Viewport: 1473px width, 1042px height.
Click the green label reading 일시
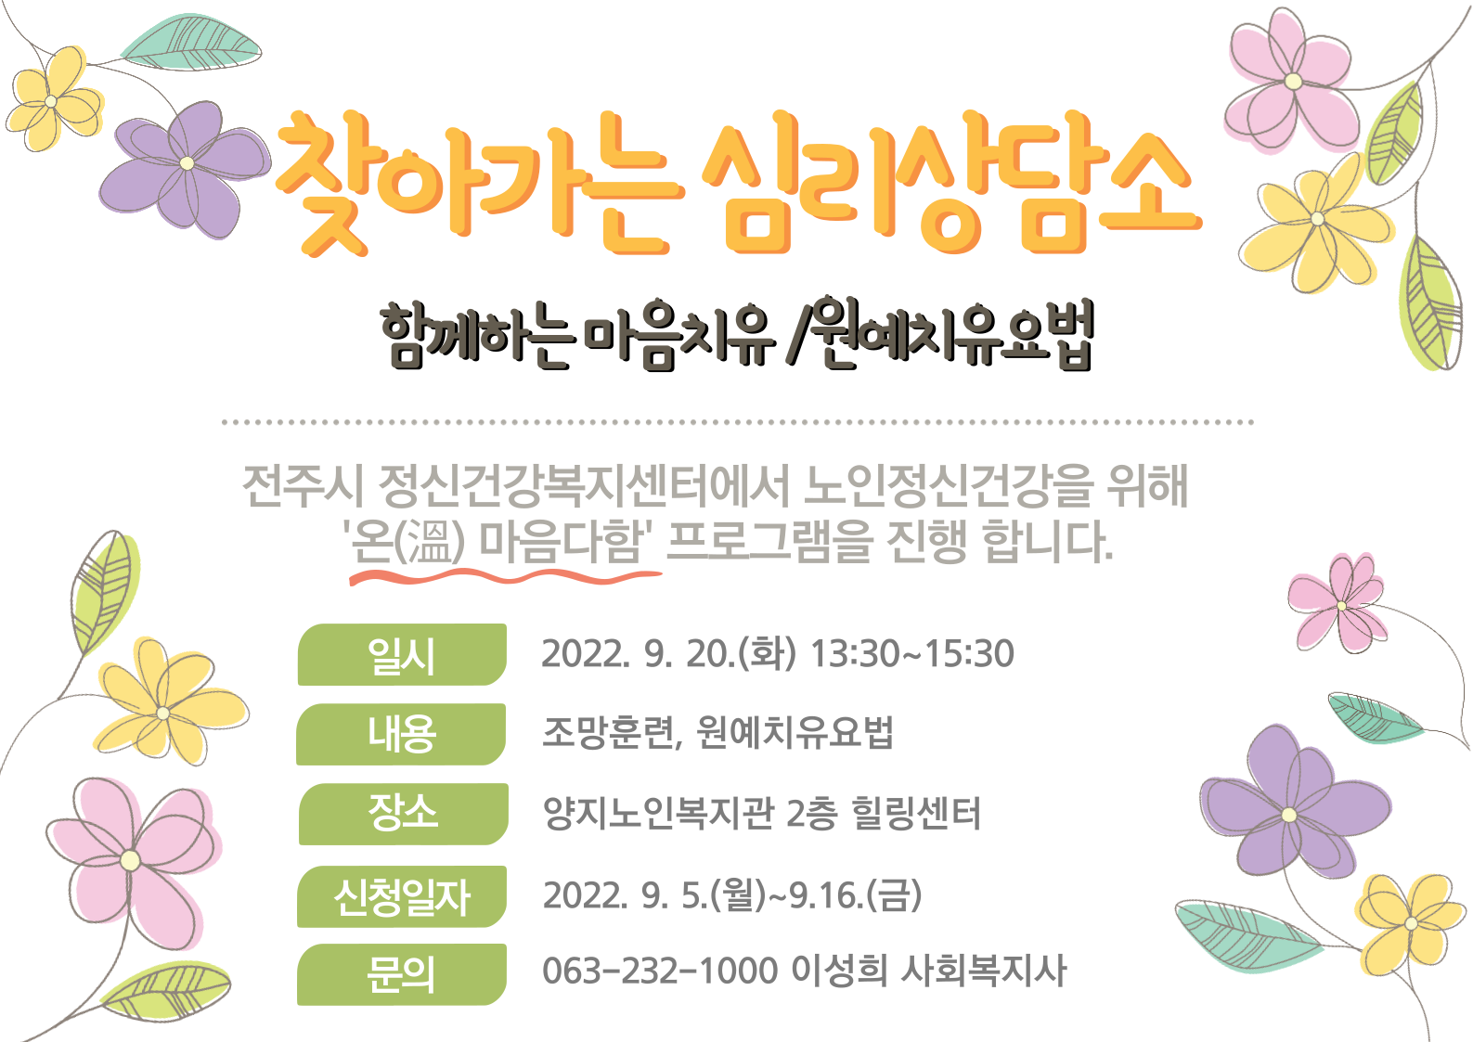(x=402, y=655)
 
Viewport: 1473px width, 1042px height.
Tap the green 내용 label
(x=401, y=734)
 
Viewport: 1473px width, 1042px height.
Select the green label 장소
(x=403, y=814)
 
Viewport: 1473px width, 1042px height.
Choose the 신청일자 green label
(x=402, y=896)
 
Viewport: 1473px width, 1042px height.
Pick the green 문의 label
(x=402, y=975)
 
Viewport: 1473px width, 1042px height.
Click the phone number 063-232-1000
(x=660, y=971)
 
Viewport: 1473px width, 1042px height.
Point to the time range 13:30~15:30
(x=912, y=653)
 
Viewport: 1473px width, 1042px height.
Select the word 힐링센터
(x=915, y=813)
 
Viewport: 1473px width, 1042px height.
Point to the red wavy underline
(x=505, y=576)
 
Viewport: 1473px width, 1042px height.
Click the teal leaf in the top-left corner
(x=190, y=42)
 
